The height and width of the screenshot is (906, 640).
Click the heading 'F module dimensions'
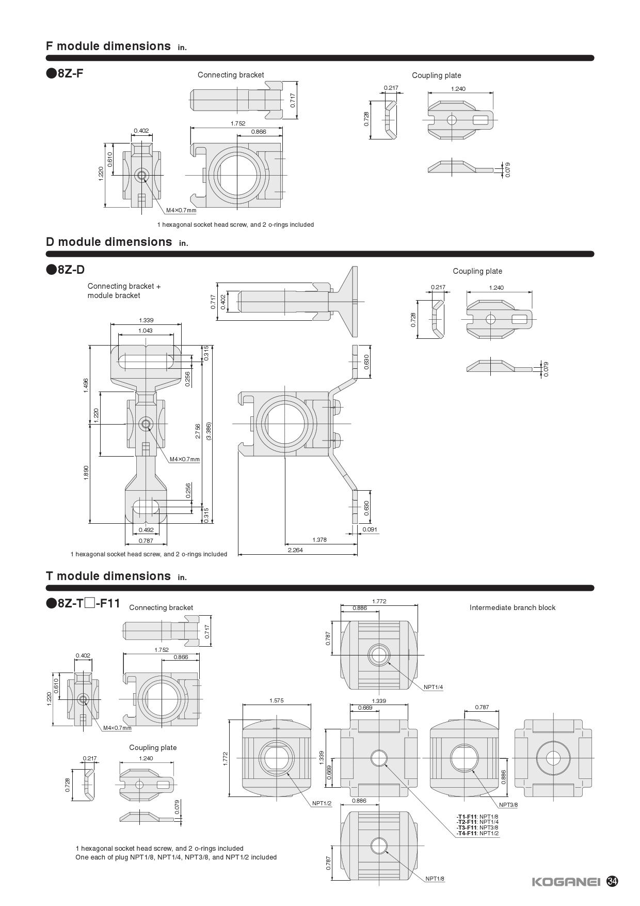pyautogui.click(x=108, y=46)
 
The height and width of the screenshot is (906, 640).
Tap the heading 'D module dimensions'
pyautogui.click(x=109, y=242)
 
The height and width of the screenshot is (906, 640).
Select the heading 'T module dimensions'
pyautogui.click(x=108, y=576)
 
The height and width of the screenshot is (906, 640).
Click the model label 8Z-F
pyautogui.click(x=65, y=73)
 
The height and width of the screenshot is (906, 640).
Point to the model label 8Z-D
pyautogui.click(x=66, y=269)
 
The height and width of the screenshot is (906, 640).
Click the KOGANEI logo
pyautogui.click(x=566, y=881)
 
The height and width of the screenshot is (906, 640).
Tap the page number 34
pyautogui.click(x=613, y=881)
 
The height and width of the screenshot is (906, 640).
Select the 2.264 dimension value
pyautogui.click(x=295, y=550)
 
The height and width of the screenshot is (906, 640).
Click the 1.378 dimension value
pyautogui.click(x=319, y=540)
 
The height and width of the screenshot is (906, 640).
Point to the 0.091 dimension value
pyautogui.click(x=370, y=529)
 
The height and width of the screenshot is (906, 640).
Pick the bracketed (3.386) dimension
pyautogui.click(x=209, y=431)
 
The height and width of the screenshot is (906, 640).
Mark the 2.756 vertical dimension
pyautogui.click(x=198, y=431)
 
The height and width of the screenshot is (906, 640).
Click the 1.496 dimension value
pyautogui.click(x=86, y=385)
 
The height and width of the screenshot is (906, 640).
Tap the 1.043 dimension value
pyautogui.click(x=146, y=331)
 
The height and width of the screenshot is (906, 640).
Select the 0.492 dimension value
pyautogui.click(x=146, y=530)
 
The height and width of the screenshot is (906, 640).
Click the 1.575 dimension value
pyautogui.click(x=276, y=701)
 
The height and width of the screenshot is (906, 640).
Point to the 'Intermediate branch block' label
pyautogui.click(x=513, y=607)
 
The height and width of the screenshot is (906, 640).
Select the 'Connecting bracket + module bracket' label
pyautogui.click(x=124, y=291)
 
